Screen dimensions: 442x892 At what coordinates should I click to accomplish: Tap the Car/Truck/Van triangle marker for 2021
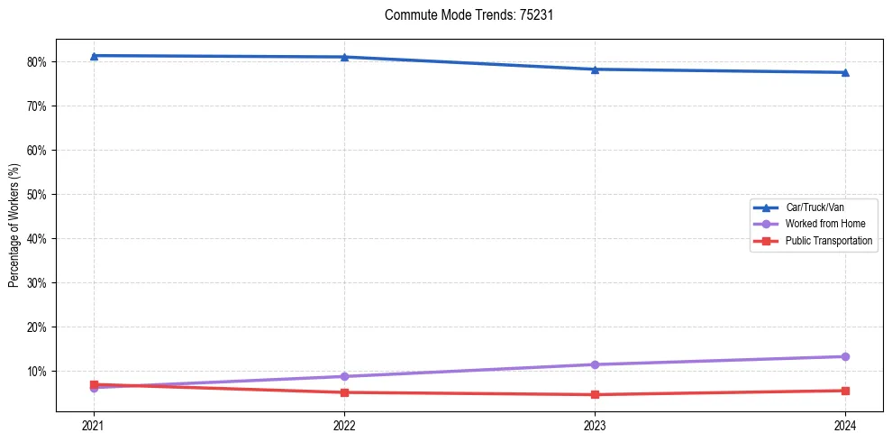tap(94, 56)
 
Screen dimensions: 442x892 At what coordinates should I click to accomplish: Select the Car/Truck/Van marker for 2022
tap(344, 58)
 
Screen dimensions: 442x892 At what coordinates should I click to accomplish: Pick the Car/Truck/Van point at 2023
tap(595, 69)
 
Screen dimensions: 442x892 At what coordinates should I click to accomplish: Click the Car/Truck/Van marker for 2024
tap(845, 72)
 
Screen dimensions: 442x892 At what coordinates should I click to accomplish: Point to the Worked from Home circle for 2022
tap(344, 376)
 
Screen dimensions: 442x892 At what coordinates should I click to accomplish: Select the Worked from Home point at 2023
tap(595, 364)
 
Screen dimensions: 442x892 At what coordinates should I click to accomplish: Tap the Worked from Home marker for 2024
tap(845, 356)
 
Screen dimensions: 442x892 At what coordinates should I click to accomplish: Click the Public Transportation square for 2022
tap(344, 392)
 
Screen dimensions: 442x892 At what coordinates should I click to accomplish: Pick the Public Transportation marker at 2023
tap(595, 394)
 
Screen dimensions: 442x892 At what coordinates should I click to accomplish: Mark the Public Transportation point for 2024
tap(845, 391)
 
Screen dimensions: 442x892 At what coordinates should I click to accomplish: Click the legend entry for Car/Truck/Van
tap(815, 207)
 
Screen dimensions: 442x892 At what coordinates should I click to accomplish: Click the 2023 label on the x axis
tap(595, 424)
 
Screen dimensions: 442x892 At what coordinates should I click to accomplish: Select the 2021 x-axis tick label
tap(94, 424)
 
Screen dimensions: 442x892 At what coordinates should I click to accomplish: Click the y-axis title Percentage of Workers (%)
tap(14, 226)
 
